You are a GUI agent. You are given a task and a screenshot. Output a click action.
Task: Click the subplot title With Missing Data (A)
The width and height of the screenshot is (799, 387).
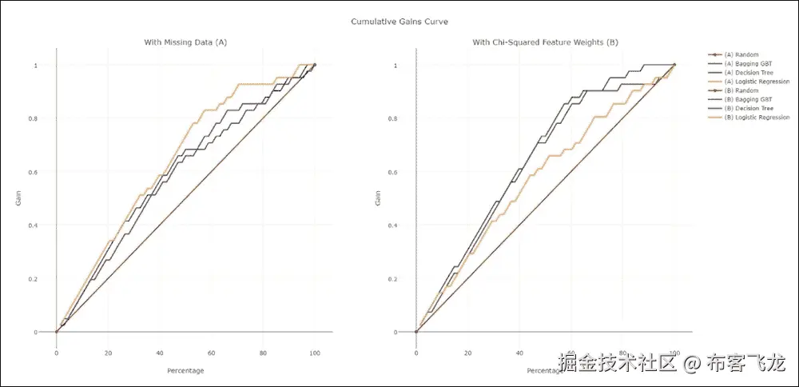coord(185,42)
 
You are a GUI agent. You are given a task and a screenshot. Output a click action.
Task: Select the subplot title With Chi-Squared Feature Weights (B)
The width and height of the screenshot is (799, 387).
coord(545,42)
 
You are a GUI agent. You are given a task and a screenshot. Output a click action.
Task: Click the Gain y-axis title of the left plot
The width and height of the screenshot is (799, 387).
coord(18,198)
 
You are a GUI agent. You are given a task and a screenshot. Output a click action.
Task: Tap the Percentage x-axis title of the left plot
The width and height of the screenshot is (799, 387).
coord(185,370)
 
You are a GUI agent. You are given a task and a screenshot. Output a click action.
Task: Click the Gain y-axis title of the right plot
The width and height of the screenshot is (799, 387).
coord(378,198)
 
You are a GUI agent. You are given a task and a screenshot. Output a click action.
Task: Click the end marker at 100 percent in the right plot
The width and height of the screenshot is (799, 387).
coord(675,65)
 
